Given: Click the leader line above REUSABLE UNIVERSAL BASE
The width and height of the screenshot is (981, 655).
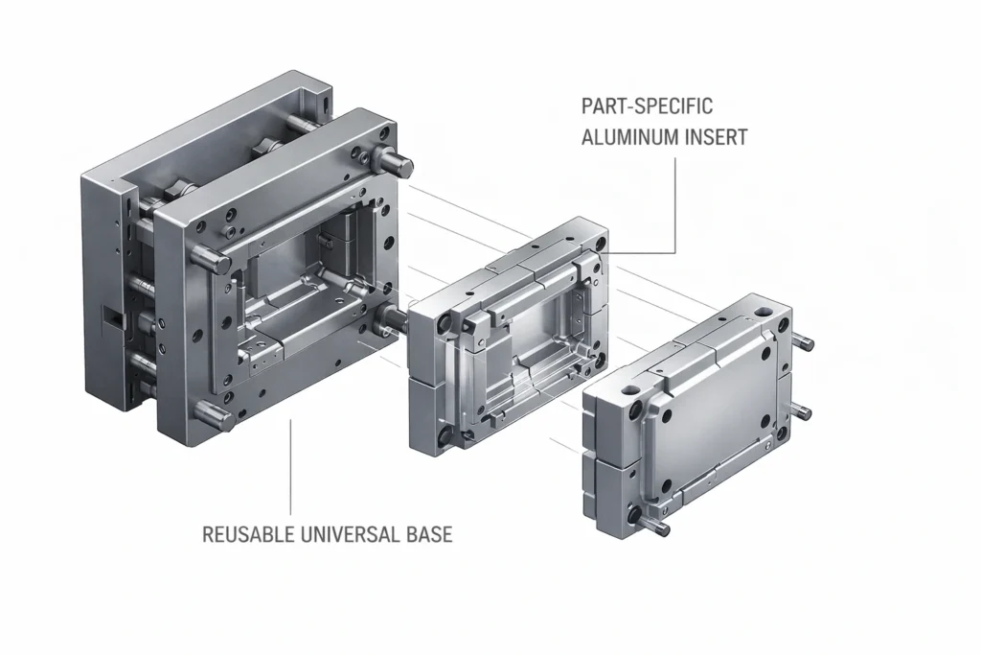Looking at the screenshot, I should click(290, 470).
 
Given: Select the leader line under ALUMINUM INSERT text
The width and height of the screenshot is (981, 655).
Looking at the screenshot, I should click(676, 201).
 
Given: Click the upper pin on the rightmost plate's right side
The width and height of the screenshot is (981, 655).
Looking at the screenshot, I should click(803, 343).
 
